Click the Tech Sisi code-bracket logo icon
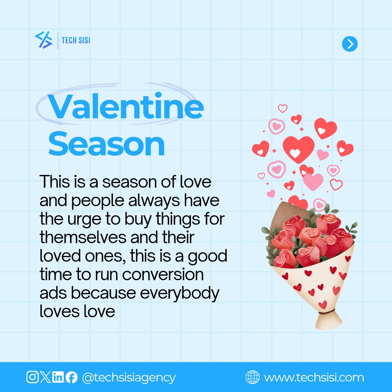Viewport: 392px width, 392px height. click(x=43, y=40)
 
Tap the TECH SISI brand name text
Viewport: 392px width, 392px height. click(x=76, y=40)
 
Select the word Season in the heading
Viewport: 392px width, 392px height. click(x=107, y=144)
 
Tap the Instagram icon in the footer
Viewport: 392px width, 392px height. click(x=32, y=377)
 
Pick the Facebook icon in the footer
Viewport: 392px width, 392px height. click(x=71, y=377)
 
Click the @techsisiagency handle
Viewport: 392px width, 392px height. click(x=129, y=377)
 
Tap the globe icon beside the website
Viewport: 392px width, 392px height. click(x=253, y=377)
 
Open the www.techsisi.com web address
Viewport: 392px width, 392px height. click(x=314, y=377)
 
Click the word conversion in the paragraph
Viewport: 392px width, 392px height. click(x=163, y=274)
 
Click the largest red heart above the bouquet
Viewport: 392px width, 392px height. click(x=299, y=149)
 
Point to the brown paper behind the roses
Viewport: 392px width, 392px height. click(x=279, y=214)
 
